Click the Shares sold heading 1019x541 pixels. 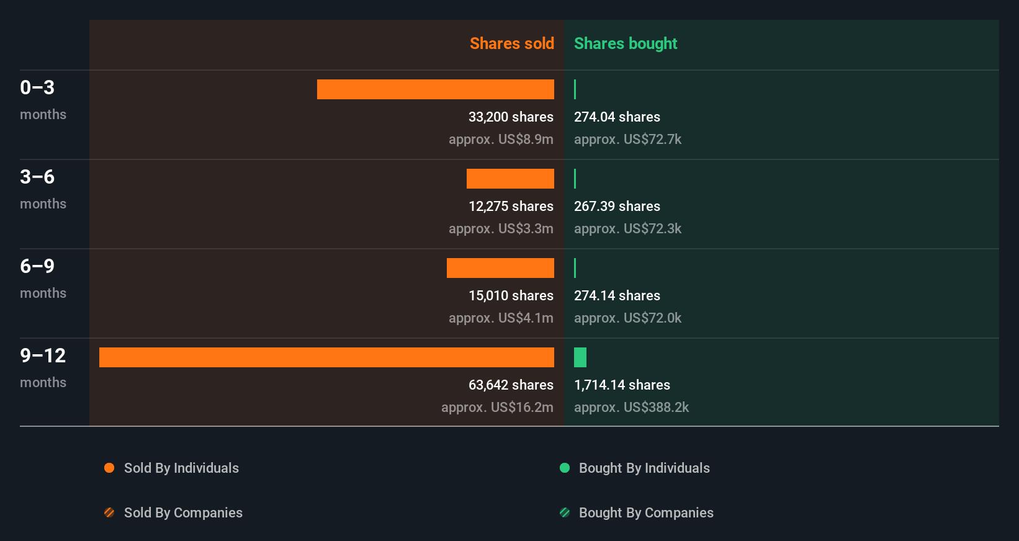(511, 43)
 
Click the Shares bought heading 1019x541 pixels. (625, 43)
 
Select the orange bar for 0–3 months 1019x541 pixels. (435, 89)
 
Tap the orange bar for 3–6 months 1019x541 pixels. (510, 179)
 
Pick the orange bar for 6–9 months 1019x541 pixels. (500, 268)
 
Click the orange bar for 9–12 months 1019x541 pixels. (326, 357)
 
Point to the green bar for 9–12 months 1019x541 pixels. (580, 357)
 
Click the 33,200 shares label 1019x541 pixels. (511, 117)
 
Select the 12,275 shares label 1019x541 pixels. (511, 206)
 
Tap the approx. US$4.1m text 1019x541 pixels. (501, 318)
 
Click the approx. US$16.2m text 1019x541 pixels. (497, 407)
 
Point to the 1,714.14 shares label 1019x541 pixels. (622, 385)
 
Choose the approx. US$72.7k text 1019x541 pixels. (627, 139)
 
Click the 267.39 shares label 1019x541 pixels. (617, 206)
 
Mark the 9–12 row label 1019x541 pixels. (43, 355)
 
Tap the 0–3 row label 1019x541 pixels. (37, 87)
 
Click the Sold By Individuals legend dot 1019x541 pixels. (109, 468)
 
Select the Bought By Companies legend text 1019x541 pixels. (646, 512)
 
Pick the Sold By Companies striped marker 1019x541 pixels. (109, 512)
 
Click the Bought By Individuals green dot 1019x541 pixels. (565, 468)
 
